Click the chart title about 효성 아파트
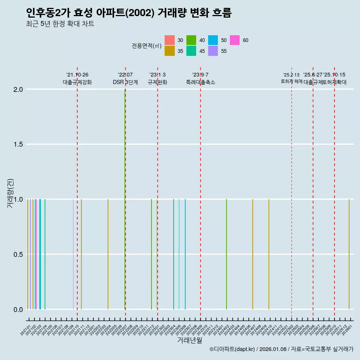(129, 13)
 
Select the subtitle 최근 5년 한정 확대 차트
(60, 24)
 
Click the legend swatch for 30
(169, 40)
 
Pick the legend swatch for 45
(191, 51)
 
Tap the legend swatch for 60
(235, 40)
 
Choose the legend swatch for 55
(213, 51)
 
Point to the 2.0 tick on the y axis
(18, 90)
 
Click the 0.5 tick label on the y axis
(18, 255)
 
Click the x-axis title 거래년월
(190, 340)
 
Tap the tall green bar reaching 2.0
(125, 199)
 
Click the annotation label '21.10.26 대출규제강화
(77, 78)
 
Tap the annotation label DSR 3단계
(125, 82)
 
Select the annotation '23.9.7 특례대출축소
(201, 78)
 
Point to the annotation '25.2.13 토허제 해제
(291, 78)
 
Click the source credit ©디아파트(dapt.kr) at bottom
(281, 349)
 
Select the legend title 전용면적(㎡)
(146, 46)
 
